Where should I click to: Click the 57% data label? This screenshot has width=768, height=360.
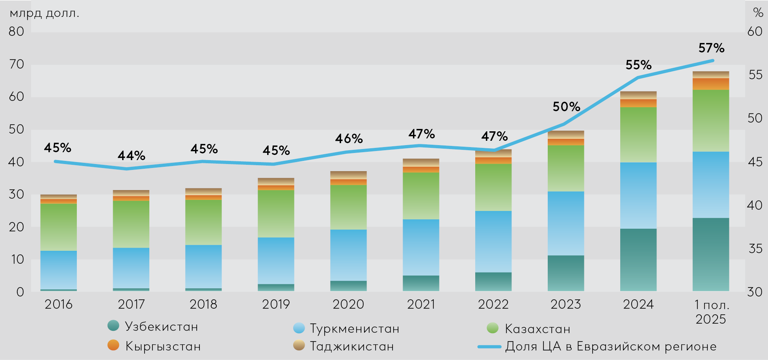tap(711, 48)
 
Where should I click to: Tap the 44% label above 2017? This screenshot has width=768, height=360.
tap(131, 156)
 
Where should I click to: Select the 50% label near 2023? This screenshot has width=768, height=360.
tap(566, 106)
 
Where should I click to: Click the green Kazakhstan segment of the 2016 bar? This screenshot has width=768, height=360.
tap(58, 227)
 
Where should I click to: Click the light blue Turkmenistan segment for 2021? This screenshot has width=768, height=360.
tap(421, 247)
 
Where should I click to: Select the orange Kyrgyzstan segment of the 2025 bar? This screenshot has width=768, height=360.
tap(711, 84)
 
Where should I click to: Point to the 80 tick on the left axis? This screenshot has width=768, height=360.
tap(17, 32)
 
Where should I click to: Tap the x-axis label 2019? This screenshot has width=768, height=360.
tap(276, 304)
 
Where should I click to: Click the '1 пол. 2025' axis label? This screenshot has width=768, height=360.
tap(711, 312)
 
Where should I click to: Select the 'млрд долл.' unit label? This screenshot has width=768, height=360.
tap(44, 13)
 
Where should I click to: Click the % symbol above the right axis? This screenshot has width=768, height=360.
tap(758, 13)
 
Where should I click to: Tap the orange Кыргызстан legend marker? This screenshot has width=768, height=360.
tap(113, 345)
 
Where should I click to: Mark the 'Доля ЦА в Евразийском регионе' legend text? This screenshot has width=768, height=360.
tap(611, 346)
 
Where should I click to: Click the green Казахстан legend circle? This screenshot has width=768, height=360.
tap(493, 328)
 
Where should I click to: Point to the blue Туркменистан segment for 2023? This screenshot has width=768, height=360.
tap(566, 223)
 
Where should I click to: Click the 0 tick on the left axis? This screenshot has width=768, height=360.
tap(20, 292)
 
